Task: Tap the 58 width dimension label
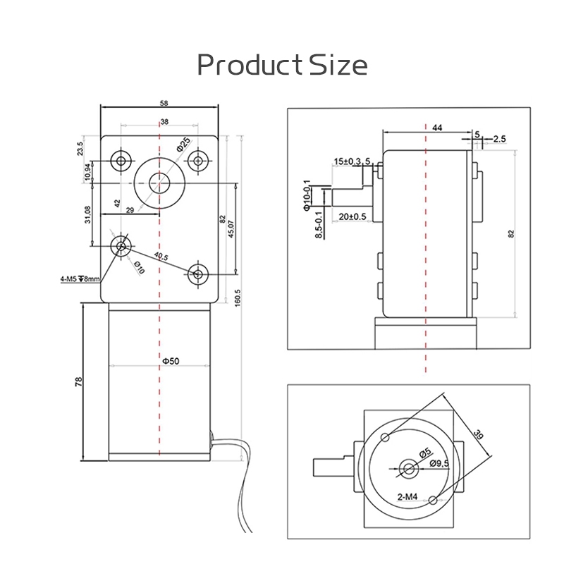tap(164, 103)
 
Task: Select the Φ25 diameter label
tap(183, 145)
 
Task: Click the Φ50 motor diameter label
tap(171, 361)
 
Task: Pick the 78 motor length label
tap(78, 381)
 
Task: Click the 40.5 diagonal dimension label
tap(161, 257)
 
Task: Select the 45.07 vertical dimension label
tap(231, 228)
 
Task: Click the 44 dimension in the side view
tap(437, 128)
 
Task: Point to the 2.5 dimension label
tap(500, 138)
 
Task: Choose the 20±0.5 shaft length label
tap(352, 216)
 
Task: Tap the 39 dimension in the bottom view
tap(478, 435)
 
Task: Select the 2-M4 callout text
tap(407, 497)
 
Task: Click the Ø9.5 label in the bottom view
tap(439, 464)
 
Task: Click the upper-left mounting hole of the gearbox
tap(121, 161)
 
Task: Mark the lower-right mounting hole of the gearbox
tap(198, 274)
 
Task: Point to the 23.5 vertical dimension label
tap(80, 148)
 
